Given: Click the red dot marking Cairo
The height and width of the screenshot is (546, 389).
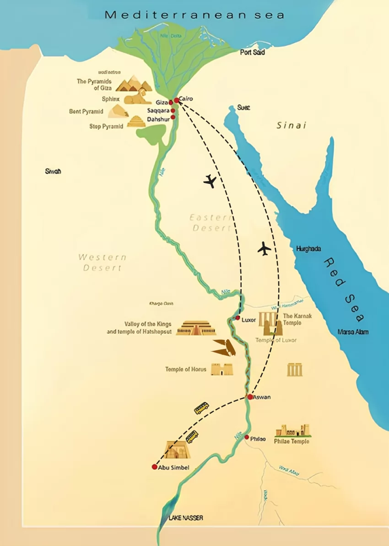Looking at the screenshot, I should pyautogui.click(x=176, y=100).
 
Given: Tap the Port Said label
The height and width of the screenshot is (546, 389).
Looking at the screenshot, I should pyautogui.click(x=253, y=53).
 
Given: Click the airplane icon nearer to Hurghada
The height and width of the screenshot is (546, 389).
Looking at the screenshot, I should pyautogui.click(x=264, y=249).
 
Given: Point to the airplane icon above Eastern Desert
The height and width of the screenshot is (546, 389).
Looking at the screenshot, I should pyautogui.click(x=210, y=181).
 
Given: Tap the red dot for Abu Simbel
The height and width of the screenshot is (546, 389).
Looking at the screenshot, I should pyautogui.click(x=155, y=467).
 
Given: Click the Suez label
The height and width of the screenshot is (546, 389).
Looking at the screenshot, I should pyautogui.click(x=243, y=107).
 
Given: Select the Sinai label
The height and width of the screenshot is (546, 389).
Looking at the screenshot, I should pyautogui.click(x=291, y=125).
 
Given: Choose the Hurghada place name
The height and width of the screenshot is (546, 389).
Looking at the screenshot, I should pyautogui.click(x=308, y=249).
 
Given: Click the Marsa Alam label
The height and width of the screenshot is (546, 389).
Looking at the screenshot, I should pyautogui.click(x=352, y=332).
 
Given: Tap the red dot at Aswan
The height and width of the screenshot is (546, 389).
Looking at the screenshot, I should pyautogui.click(x=250, y=397).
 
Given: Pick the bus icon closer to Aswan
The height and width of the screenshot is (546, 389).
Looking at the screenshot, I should pyautogui.click(x=202, y=408).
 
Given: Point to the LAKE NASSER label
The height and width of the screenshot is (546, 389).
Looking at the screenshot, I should pyautogui.click(x=185, y=518).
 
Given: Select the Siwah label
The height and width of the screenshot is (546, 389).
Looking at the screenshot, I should pyautogui.click(x=53, y=171).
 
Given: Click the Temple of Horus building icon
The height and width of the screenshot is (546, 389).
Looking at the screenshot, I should pyautogui.click(x=222, y=369).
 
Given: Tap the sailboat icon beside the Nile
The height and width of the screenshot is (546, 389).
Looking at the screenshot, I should pyautogui.click(x=224, y=348).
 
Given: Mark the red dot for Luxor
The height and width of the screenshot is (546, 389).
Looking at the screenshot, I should pyautogui.click(x=238, y=317).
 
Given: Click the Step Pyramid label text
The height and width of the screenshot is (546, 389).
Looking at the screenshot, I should pyautogui.click(x=106, y=127).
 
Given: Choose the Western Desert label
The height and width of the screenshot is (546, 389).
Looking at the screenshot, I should pyautogui.click(x=102, y=262).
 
